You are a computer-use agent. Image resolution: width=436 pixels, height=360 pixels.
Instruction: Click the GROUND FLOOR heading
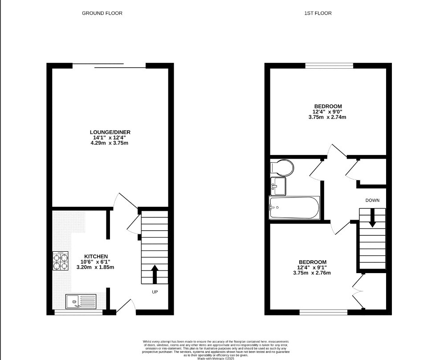(x=102, y=13)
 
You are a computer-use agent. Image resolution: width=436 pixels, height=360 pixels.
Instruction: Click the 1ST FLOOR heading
(x=318, y=13)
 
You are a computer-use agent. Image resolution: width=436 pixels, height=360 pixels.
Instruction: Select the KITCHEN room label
(x=94, y=256)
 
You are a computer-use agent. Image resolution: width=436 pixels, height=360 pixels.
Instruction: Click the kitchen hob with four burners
(x=61, y=261)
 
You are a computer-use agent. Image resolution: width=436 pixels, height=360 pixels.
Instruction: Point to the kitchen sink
(x=80, y=302)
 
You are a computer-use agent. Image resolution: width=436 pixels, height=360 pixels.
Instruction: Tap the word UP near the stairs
(x=155, y=292)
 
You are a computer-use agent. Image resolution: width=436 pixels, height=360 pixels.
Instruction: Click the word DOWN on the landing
(x=372, y=200)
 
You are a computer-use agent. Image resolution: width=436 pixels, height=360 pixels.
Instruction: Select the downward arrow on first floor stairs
(x=372, y=218)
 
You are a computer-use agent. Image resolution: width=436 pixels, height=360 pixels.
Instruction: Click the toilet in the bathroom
(x=281, y=168)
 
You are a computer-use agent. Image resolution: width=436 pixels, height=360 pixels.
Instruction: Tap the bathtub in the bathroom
(x=294, y=208)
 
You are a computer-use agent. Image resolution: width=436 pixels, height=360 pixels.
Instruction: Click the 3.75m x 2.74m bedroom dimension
(x=327, y=117)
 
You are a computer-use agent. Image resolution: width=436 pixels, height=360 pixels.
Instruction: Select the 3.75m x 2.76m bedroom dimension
(x=312, y=273)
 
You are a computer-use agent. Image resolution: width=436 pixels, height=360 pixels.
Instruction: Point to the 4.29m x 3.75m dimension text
(x=110, y=143)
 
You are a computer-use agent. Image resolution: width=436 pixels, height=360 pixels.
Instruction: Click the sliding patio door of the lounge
(x=109, y=66)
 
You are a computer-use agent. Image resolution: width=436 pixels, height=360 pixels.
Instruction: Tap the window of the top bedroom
(x=329, y=66)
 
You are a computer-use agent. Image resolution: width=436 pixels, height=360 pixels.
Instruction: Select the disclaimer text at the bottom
(x=218, y=348)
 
